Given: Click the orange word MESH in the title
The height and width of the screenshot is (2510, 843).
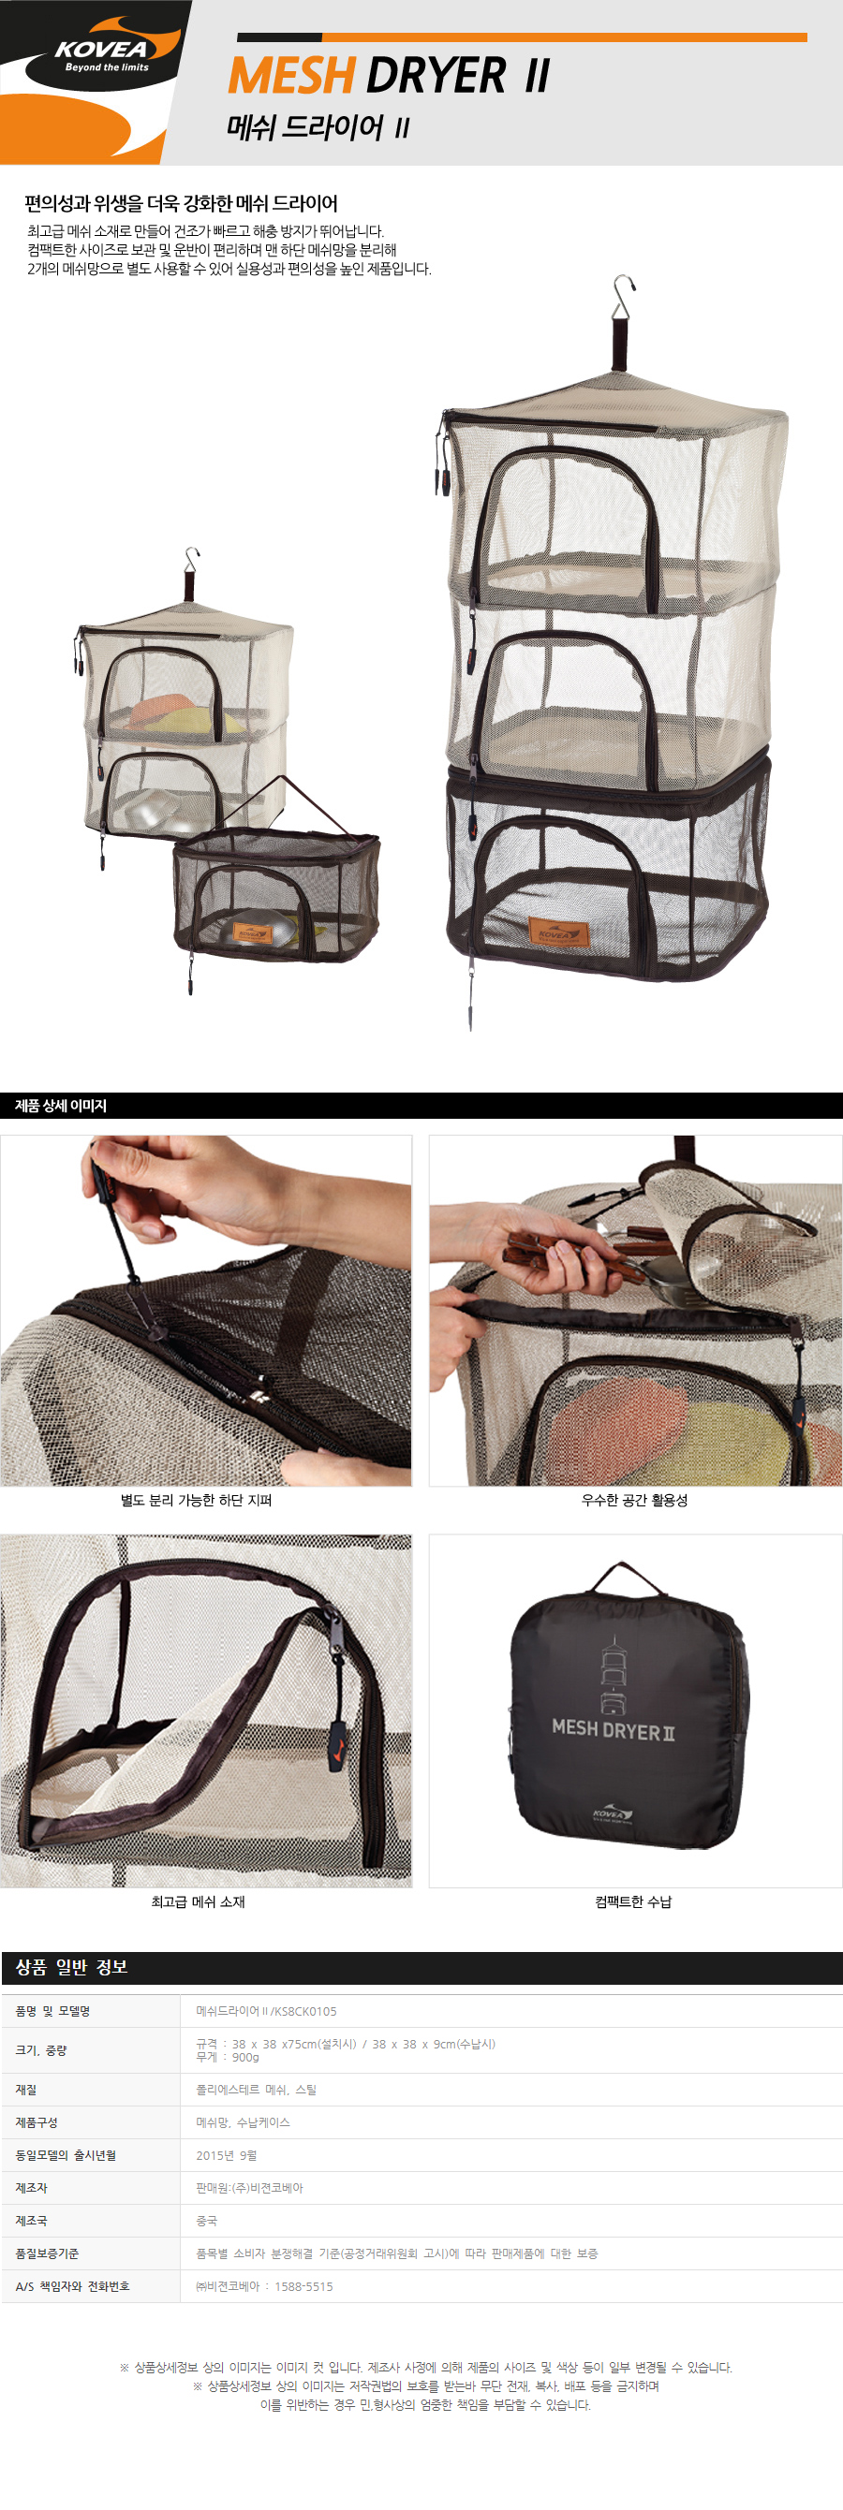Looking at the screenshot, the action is (x=291, y=76).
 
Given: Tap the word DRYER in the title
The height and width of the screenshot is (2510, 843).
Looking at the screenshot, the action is (x=436, y=76).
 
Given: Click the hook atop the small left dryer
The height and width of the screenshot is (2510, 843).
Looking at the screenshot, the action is (x=191, y=559).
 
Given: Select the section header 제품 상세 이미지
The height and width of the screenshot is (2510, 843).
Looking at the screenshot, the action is (x=61, y=1106).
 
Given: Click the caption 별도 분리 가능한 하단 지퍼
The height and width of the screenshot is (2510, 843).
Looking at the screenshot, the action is (x=196, y=1501).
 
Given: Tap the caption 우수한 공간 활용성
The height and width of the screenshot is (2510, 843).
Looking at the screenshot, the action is (x=634, y=1501).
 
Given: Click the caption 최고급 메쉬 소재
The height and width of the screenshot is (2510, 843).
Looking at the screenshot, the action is (x=198, y=1902).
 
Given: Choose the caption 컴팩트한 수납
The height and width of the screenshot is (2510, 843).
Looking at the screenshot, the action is (x=633, y=1902).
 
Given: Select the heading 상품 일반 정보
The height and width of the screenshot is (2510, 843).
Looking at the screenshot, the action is (x=71, y=1967).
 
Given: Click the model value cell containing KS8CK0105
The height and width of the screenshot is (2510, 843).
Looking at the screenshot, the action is (x=266, y=2011).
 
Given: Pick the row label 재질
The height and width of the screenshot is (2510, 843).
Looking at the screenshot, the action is (x=26, y=2090).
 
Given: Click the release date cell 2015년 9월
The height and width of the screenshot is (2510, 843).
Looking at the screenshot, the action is (x=226, y=2155).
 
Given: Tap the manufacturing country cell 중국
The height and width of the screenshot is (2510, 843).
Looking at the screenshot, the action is (x=207, y=2221).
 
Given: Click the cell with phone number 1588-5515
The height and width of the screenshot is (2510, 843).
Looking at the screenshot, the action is (x=264, y=2286).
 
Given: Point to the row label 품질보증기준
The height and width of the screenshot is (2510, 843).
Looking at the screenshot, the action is (x=47, y=2253).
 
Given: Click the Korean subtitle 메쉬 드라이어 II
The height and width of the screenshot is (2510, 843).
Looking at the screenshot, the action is (x=318, y=127).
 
